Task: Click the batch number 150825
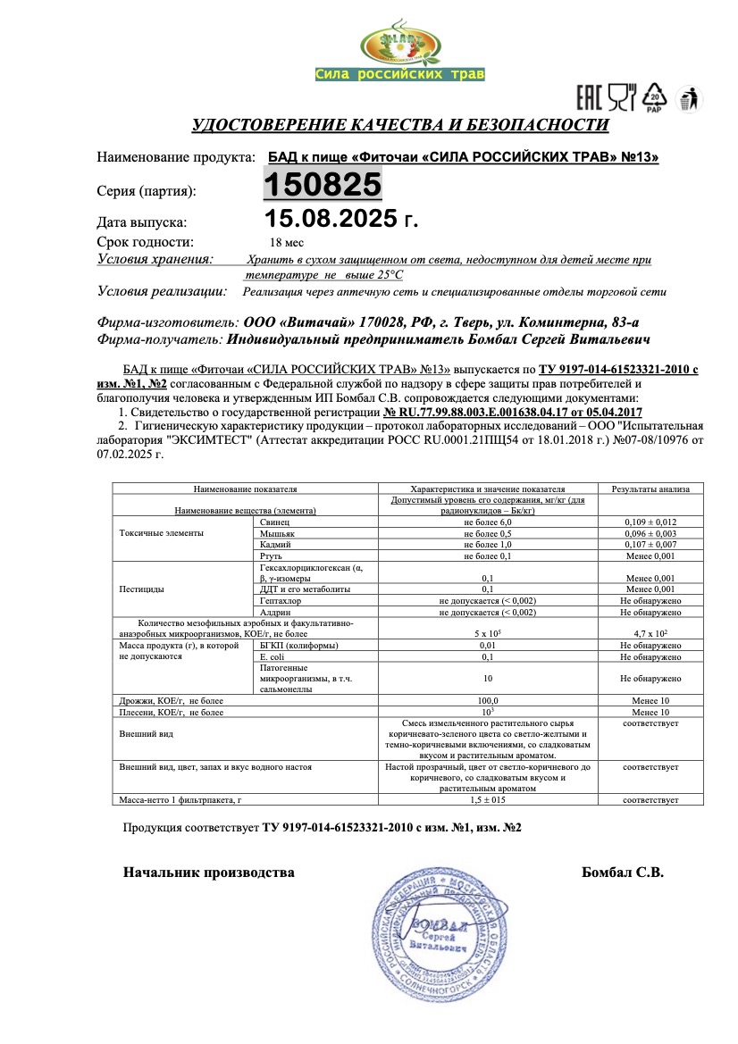tap(323, 185)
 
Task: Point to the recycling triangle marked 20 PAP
tap(655, 96)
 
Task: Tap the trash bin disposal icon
tap(688, 97)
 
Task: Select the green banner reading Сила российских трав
tap(399, 74)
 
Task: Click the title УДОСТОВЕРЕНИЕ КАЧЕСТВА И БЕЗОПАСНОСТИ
tap(400, 125)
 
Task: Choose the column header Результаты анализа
tap(650, 489)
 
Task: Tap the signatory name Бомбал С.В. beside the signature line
tap(622, 873)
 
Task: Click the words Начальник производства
tap(208, 873)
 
